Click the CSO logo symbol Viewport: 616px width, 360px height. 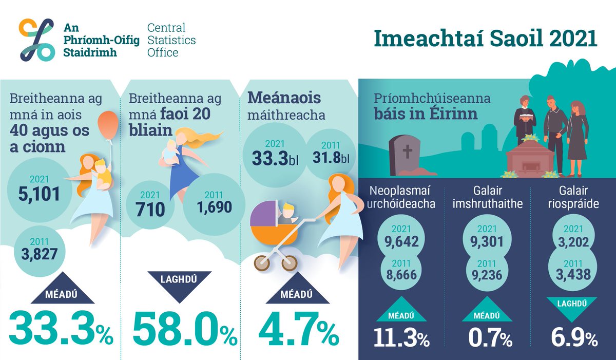tap(36, 39)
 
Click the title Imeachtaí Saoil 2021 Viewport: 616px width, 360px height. tap(485, 40)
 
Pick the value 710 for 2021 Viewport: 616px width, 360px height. tap(151, 209)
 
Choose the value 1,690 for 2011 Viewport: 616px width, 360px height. tap(214, 206)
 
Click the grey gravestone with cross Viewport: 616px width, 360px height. tap(406, 154)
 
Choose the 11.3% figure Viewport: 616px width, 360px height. tap(402, 338)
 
